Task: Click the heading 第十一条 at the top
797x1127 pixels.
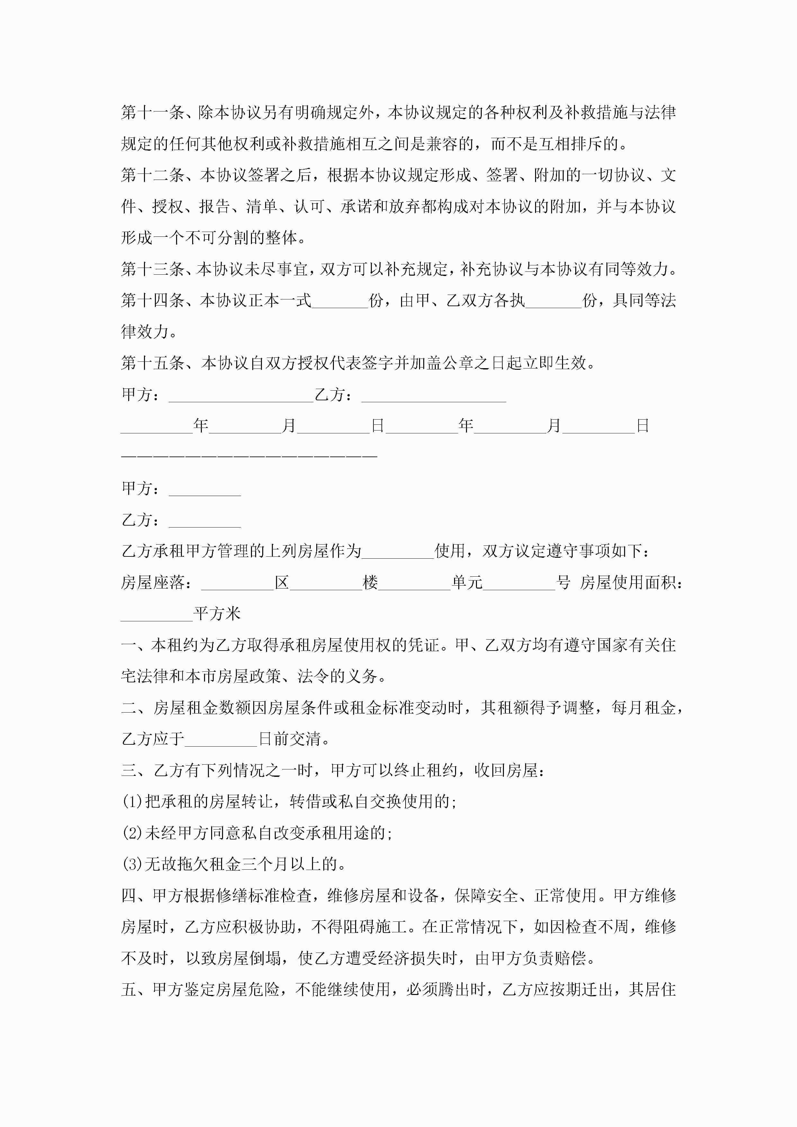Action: tap(152, 113)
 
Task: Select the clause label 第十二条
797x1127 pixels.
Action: tap(152, 175)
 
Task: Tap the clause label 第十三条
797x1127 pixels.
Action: tap(152, 269)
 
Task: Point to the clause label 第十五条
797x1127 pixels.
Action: tap(152, 363)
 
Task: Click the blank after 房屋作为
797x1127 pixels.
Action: tap(398, 551)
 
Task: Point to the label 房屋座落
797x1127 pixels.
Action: tap(152, 583)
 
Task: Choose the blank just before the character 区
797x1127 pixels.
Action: tap(237, 583)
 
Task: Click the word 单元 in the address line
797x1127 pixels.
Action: tap(467, 583)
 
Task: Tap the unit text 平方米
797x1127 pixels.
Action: tap(217, 614)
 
